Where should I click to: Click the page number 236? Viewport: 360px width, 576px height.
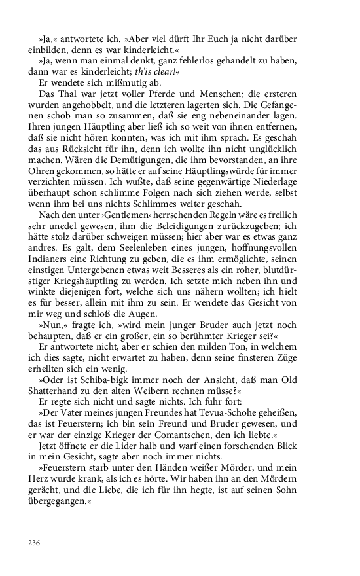click(x=35, y=543)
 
